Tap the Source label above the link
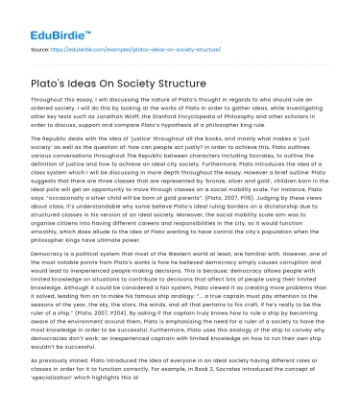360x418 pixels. click(38, 44)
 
